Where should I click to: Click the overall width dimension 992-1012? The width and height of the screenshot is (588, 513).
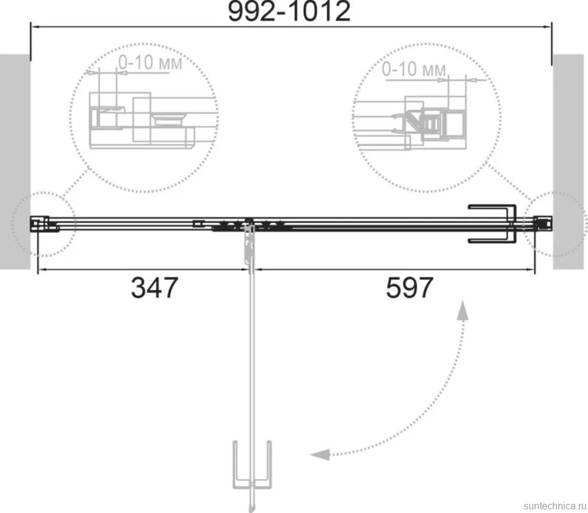coord(289,12)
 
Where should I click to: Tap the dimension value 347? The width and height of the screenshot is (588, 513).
coord(154,288)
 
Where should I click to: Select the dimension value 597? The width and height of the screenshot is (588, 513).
coord(410,288)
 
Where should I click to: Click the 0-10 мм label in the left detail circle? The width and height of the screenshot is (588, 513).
coord(150,62)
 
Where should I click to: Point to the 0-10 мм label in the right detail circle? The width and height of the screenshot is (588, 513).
coord(414,69)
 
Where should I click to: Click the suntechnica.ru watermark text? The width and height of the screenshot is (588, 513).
coord(555,506)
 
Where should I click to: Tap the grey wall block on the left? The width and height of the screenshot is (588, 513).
coord(15,162)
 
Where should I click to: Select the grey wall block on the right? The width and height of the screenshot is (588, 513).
coord(568,162)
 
